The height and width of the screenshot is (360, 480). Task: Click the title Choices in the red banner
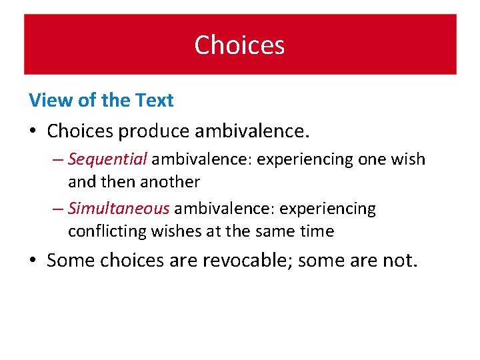pos(239,45)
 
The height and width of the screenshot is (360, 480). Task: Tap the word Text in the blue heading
pos(154,101)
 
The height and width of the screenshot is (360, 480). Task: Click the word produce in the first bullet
pos(154,131)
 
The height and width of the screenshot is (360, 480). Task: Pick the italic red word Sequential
pos(107,159)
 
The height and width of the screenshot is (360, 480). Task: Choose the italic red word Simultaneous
pos(119,209)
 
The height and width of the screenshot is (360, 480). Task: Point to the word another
pos(169,181)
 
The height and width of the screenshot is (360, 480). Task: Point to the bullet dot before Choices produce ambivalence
pos(33,131)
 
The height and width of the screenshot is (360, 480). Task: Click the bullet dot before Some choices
pos(33,260)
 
